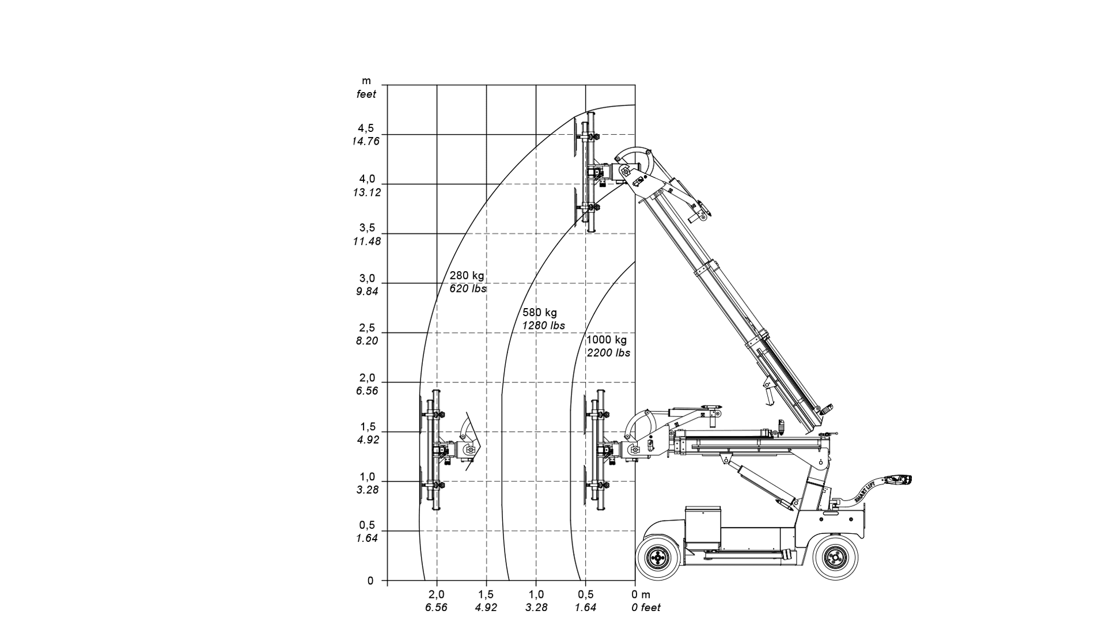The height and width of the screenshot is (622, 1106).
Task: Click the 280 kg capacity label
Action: pos(467,275)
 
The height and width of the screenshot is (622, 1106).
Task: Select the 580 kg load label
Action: pos(539,313)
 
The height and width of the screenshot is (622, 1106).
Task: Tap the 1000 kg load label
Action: pos(606,340)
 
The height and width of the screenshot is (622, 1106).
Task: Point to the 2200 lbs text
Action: pos(608,353)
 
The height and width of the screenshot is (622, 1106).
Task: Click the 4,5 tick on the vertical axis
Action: pos(366,128)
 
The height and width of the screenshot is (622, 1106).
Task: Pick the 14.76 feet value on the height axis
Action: pos(366,141)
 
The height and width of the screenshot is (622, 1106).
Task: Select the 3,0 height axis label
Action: pos(367,278)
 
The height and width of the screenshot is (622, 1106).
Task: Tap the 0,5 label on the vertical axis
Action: pos(367,525)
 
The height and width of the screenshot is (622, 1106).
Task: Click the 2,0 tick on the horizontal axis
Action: pos(437,594)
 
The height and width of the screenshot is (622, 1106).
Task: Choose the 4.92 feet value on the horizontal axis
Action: pos(486,608)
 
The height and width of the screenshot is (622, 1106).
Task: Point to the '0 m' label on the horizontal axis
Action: pos(641,594)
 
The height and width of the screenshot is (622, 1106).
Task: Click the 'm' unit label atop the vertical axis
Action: pos(366,81)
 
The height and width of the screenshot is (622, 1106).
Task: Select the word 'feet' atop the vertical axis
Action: pos(366,94)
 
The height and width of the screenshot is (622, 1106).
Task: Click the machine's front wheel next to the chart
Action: pos(656,557)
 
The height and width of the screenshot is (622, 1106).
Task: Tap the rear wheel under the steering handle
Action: pos(833,557)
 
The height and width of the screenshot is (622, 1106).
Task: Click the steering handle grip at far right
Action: pos(900,479)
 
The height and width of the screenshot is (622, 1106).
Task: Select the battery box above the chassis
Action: pos(702,527)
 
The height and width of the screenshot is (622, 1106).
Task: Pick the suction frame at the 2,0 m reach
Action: pos(435,449)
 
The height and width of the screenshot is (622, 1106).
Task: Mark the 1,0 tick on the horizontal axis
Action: pos(536,594)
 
